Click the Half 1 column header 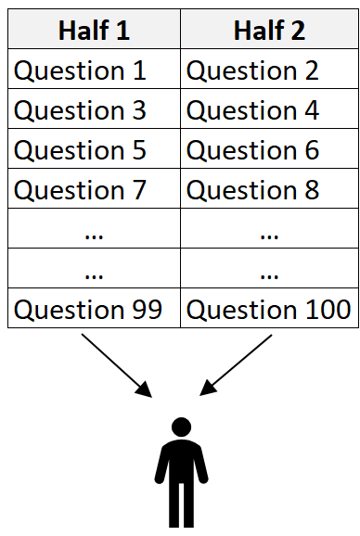point(94,31)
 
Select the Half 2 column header point(269,31)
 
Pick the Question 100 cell point(269,310)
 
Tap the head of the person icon point(181,428)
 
